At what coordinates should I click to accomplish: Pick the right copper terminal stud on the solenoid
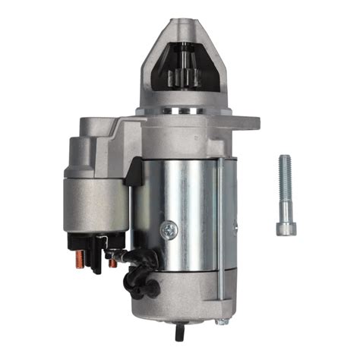tap(112, 262)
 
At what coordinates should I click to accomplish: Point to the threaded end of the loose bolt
tap(284, 164)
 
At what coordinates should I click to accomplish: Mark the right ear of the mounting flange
tap(247, 122)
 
